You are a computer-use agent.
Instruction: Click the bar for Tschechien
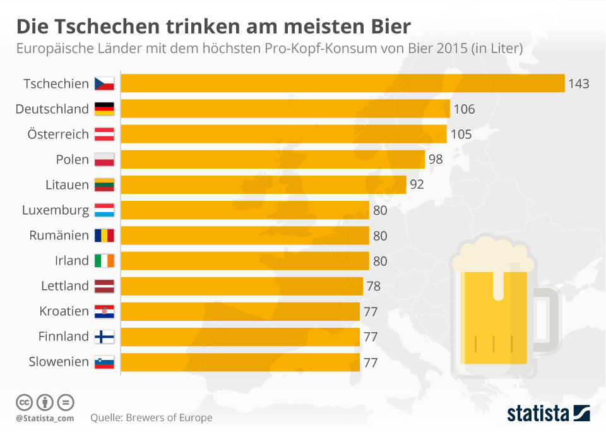[342, 83]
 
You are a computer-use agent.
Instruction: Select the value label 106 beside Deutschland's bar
[464, 109]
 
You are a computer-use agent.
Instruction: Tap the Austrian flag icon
[104, 134]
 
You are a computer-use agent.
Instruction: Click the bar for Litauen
[263, 184]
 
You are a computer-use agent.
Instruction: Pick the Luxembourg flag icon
[104, 210]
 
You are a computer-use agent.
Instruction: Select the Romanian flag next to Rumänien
[104, 235]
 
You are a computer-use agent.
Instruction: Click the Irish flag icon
[104, 260]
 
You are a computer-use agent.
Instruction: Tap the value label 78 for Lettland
[373, 286]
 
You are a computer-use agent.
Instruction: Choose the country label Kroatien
[64, 311]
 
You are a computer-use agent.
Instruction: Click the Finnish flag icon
[104, 336]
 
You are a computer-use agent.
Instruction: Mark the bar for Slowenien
[240, 362]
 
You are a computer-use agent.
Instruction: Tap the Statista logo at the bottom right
[548, 414]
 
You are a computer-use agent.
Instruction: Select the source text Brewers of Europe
[169, 417]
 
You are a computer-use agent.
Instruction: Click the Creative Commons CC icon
[24, 402]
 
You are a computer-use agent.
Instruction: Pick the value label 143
[578, 84]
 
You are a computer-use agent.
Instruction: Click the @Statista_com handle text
[45, 418]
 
